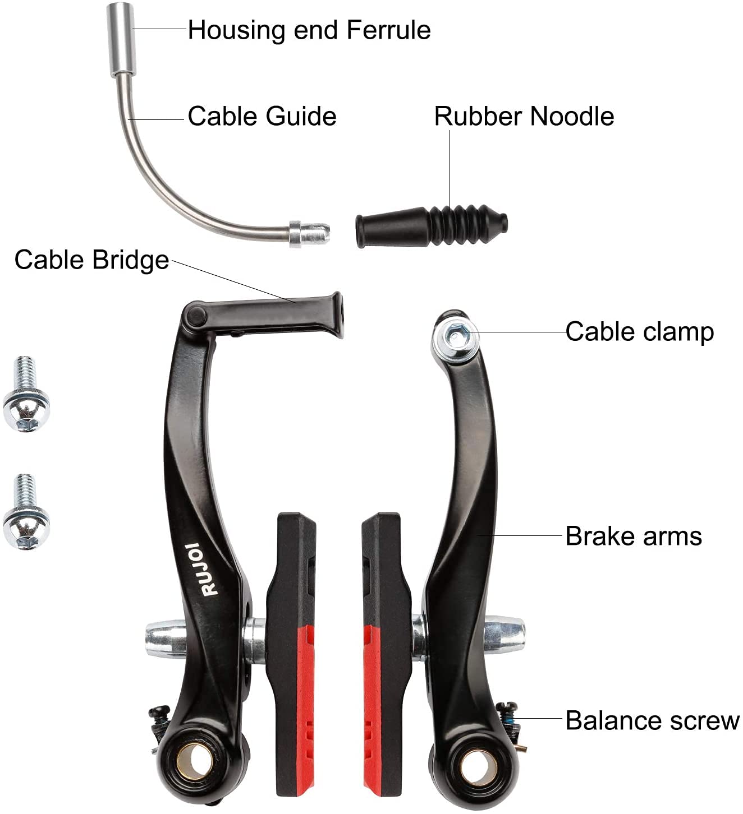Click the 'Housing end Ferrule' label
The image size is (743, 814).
point(309,30)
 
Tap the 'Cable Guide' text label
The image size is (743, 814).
point(262,117)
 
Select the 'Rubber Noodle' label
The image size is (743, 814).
point(524,117)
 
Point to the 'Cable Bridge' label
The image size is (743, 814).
point(91,260)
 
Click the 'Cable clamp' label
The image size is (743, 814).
point(639,332)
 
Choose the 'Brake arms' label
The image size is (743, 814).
point(633,536)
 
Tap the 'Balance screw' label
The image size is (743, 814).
point(652,721)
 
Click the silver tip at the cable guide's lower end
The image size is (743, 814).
point(309,234)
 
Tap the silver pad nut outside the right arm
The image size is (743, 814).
point(503,635)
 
